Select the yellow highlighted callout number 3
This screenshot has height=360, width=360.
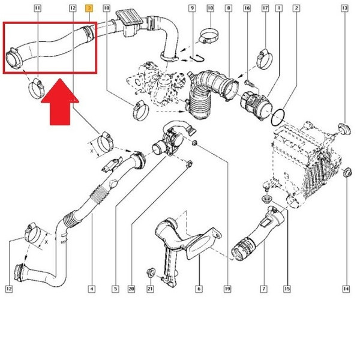click(89, 9)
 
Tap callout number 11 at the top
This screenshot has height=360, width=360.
click(38, 9)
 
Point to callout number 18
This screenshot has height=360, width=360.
click(107, 9)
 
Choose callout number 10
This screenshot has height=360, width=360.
click(210, 9)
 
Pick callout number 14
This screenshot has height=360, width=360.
click(346, 289)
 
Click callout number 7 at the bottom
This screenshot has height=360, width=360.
click(263, 289)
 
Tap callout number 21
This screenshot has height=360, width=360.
click(151, 289)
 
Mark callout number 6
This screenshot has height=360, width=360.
click(198, 289)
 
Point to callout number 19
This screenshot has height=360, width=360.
click(228, 289)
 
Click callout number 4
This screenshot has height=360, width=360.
click(91, 289)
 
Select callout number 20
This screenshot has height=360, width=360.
click(132, 289)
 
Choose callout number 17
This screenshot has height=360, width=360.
click(265, 9)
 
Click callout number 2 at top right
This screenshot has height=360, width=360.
click(296, 9)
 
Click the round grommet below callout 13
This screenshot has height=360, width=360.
click(344, 127)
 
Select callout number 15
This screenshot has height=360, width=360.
click(287, 289)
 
